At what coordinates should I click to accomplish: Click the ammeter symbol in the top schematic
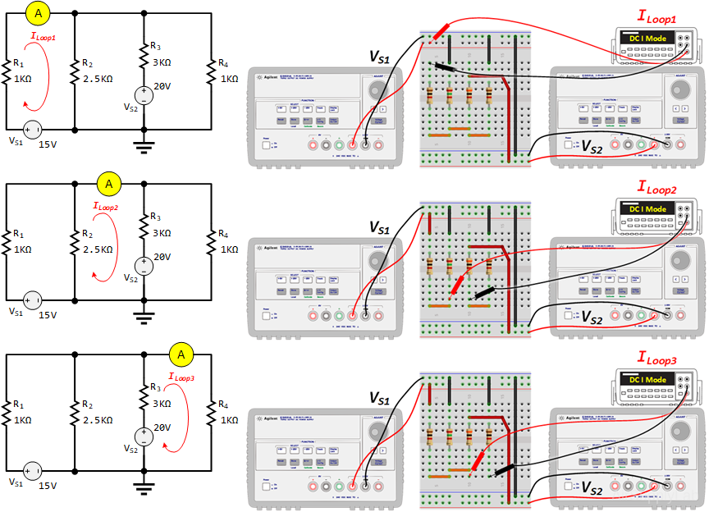[x=38, y=12]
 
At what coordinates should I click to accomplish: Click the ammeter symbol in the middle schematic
[x=108, y=182]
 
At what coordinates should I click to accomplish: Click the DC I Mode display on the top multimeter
[x=648, y=39]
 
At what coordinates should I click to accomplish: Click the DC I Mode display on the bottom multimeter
[x=648, y=380]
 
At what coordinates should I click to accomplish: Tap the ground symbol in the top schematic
[x=144, y=146]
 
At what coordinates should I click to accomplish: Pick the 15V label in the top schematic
[x=48, y=144]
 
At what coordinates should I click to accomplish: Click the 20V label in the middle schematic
[x=162, y=257]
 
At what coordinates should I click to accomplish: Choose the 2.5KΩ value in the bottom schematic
[x=98, y=420]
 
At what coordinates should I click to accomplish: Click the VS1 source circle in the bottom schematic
[x=33, y=471]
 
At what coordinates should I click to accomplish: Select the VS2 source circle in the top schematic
[x=144, y=95]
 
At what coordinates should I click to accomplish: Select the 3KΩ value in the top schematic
[x=161, y=62]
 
